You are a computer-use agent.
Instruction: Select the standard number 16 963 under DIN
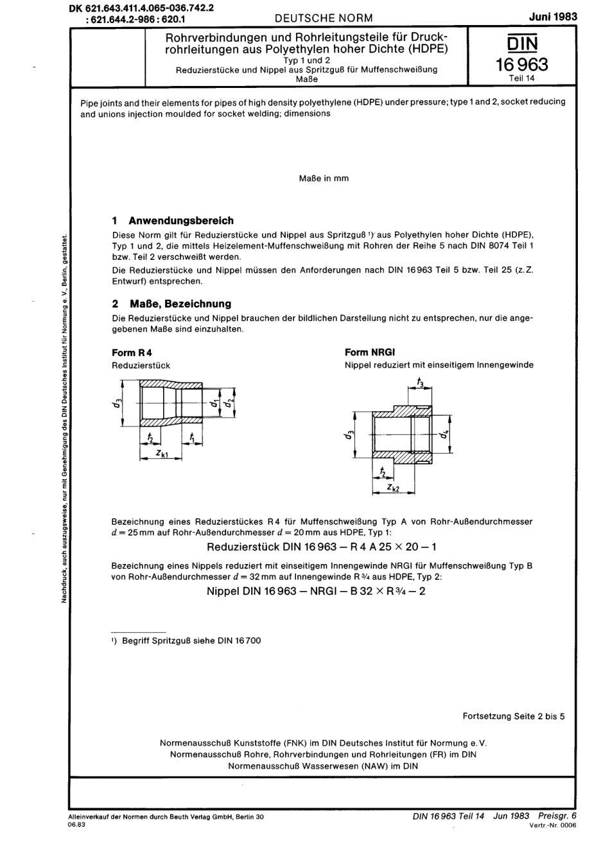tap(523, 64)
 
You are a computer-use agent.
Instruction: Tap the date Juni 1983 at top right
tap(554, 17)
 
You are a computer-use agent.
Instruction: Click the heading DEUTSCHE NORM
tap(323, 18)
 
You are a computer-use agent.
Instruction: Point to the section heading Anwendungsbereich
tap(180, 220)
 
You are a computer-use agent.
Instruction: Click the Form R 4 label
tap(132, 352)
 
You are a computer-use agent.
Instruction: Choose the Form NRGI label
tap(370, 352)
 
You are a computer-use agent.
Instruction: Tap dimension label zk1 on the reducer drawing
tap(162, 454)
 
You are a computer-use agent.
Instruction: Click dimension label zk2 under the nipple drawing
tap(395, 488)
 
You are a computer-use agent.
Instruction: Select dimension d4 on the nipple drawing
tap(443, 434)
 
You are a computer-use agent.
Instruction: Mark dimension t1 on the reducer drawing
tap(191, 438)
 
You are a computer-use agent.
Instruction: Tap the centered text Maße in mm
tap(324, 178)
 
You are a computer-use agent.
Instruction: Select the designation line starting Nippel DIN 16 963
tap(316, 590)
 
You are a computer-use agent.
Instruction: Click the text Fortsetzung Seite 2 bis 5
tap(513, 716)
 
